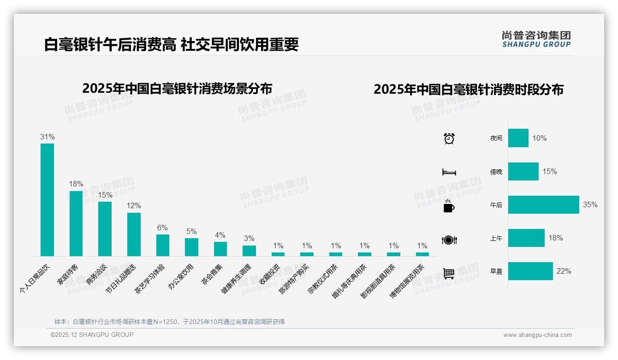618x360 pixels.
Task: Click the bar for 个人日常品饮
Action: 47,199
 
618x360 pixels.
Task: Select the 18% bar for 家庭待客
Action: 76,223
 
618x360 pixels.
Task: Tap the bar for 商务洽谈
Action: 105,228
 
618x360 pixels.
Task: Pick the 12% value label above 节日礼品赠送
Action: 134,205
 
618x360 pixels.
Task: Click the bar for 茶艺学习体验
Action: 162,245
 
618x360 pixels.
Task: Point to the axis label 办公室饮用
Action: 181,276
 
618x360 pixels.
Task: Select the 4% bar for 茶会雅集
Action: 220,249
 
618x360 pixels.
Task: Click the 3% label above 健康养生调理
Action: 249,239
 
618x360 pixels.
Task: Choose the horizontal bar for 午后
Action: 543,205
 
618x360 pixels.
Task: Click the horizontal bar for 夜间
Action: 518,138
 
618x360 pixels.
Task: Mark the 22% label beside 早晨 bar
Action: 564,271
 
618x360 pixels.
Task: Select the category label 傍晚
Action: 496,172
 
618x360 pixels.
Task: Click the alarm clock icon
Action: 449,138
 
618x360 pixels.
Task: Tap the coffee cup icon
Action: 449,206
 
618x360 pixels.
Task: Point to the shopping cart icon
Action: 449,273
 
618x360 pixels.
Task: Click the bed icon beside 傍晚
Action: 449,172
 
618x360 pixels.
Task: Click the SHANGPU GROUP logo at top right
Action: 536,39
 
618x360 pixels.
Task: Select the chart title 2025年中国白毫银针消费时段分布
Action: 469,90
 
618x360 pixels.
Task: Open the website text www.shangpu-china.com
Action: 537,335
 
